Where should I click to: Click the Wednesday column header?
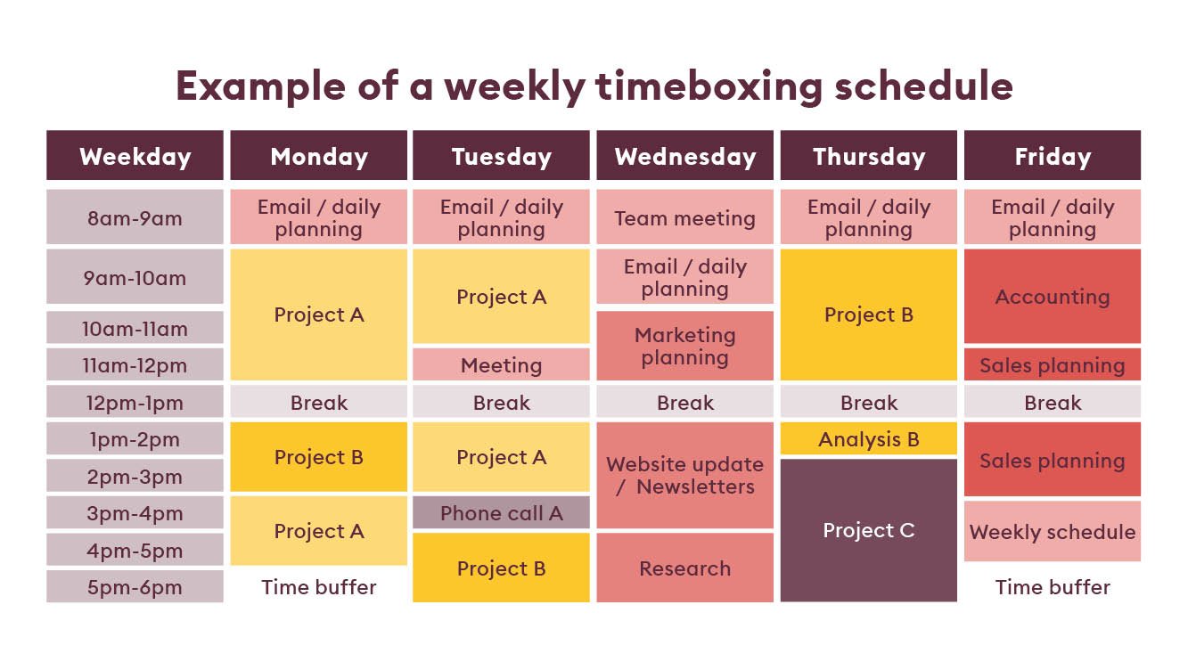click(684, 155)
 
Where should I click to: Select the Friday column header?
click(1053, 155)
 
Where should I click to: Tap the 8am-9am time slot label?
click(135, 217)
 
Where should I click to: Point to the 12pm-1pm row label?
click(135, 401)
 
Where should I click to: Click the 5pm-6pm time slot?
click(135, 586)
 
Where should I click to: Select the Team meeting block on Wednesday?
click(684, 217)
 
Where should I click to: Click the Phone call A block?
click(501, 512)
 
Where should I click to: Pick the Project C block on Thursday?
click(869, 530)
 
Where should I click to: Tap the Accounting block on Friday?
click(1053, 297)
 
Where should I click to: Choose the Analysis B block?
click(869, 438)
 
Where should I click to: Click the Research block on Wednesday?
click(684, 568)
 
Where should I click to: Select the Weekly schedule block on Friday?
click(1053, 531)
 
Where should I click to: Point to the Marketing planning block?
click(684, 346)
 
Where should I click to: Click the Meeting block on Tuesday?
click(501, 364)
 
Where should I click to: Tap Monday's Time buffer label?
click(319, 587)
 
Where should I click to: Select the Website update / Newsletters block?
click(684, 476)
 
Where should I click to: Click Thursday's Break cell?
click(869, 401)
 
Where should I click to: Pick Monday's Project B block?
click(319, 457)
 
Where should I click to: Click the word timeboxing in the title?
click(709, 86)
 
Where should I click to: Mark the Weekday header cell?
click(135, 155)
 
